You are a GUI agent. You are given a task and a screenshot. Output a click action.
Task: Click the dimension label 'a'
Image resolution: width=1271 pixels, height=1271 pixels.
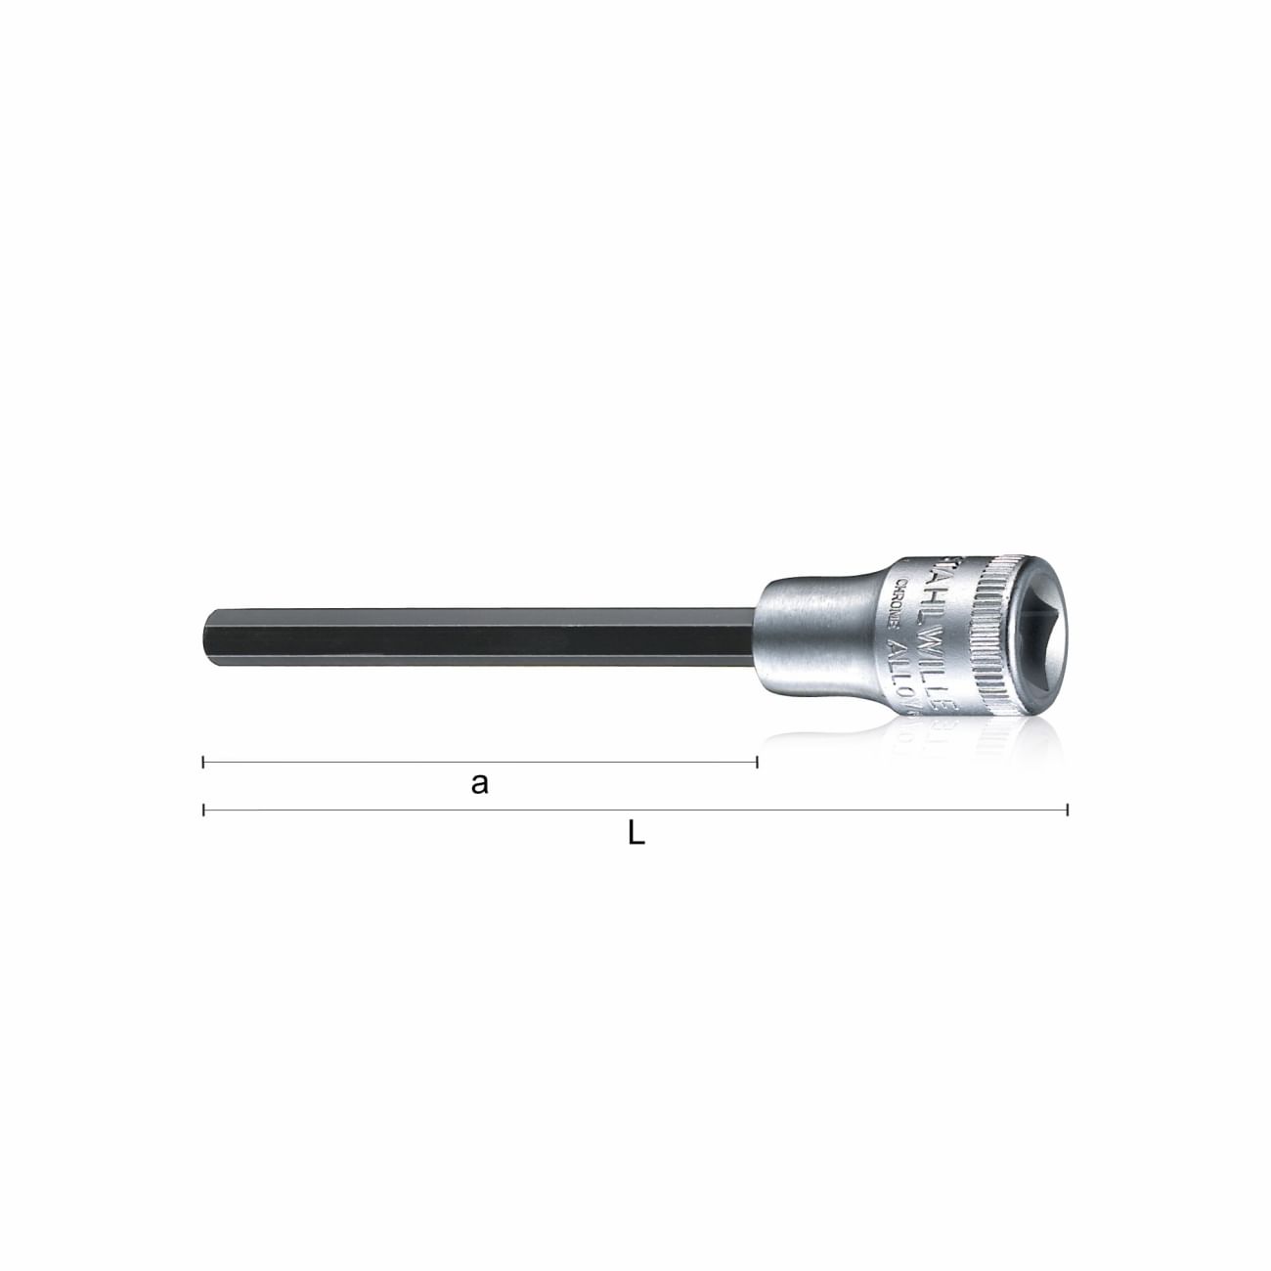tap(479, 783)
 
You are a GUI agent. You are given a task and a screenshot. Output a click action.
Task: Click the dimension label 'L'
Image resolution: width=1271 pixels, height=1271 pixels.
tap(635, 833)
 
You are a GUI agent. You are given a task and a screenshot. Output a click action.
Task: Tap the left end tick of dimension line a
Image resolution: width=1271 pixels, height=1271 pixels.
tap(203, 761)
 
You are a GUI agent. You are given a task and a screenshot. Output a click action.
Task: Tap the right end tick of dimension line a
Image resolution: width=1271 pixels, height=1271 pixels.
tap(757, 761)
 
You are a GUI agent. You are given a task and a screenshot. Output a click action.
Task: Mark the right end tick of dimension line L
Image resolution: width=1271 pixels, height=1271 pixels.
tap(1067, 810)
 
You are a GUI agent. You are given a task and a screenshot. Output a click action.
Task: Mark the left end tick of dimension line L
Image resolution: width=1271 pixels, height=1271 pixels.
tap(203, 810)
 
